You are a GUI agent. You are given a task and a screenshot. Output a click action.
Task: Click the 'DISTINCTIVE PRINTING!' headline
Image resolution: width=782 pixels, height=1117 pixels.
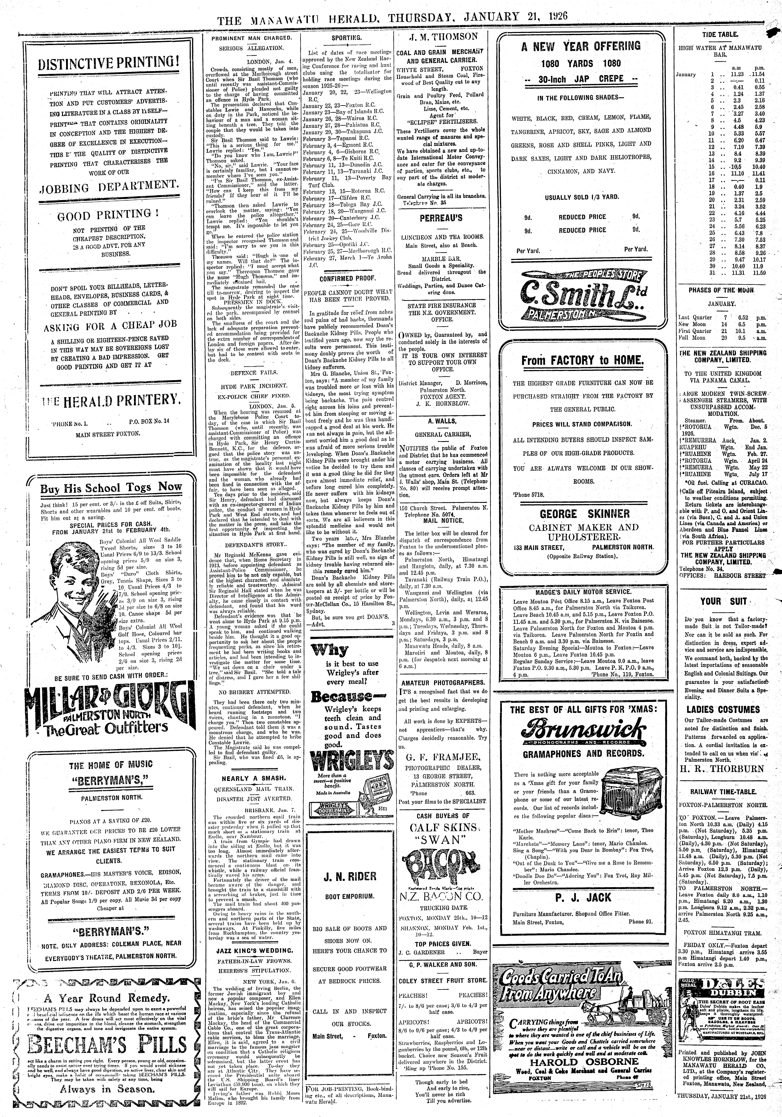[108, 63]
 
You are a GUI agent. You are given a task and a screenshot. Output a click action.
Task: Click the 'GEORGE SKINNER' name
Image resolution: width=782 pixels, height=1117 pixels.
[581, 514]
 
